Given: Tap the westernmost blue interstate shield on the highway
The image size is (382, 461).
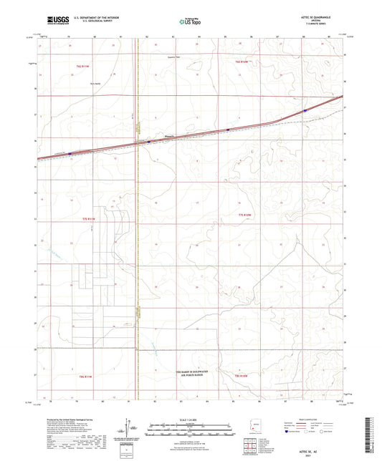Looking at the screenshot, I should click(70, 152).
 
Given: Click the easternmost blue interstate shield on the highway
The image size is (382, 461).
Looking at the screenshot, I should click(305, 111).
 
